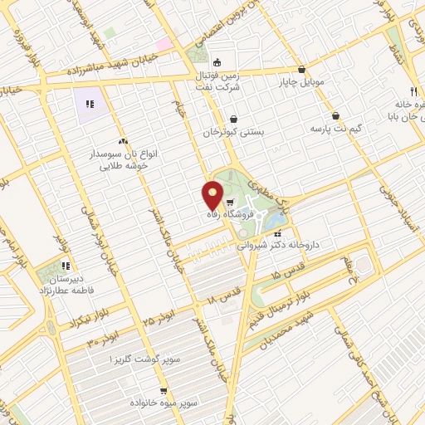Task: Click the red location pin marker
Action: (x=213, y=196)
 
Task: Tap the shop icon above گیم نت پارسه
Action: (x=335, y=115)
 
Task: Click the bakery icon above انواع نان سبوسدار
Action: (x=123, y=142)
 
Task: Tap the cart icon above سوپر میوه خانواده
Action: (x=164, y=389)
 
